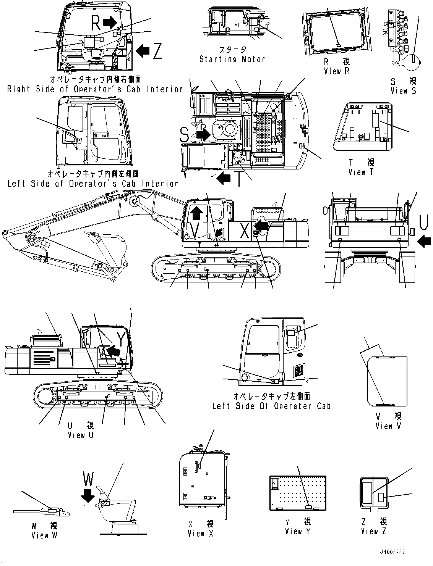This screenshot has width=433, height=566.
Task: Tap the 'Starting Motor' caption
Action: click(x=232, y=59)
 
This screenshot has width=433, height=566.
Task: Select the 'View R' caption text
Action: click(x=336, y=71)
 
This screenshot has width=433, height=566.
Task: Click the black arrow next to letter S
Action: click(x=203, y=134)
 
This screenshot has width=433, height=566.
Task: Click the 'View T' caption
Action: click(x=361, y=172)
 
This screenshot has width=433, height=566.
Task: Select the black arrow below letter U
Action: click(x=424, y=241)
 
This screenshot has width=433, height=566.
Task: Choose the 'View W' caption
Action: click(x=44, y=535)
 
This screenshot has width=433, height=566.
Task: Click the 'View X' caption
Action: click(x=200, y=533)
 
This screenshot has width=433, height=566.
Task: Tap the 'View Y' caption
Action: click(x=298, y=531)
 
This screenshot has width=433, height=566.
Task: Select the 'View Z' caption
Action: click(x=374, y=531)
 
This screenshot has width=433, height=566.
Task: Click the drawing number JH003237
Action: click(x=392, y=552)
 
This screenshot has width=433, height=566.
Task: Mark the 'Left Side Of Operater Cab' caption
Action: click(x=271, y=406)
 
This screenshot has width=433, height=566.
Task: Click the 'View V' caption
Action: click(x=388, y=426)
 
